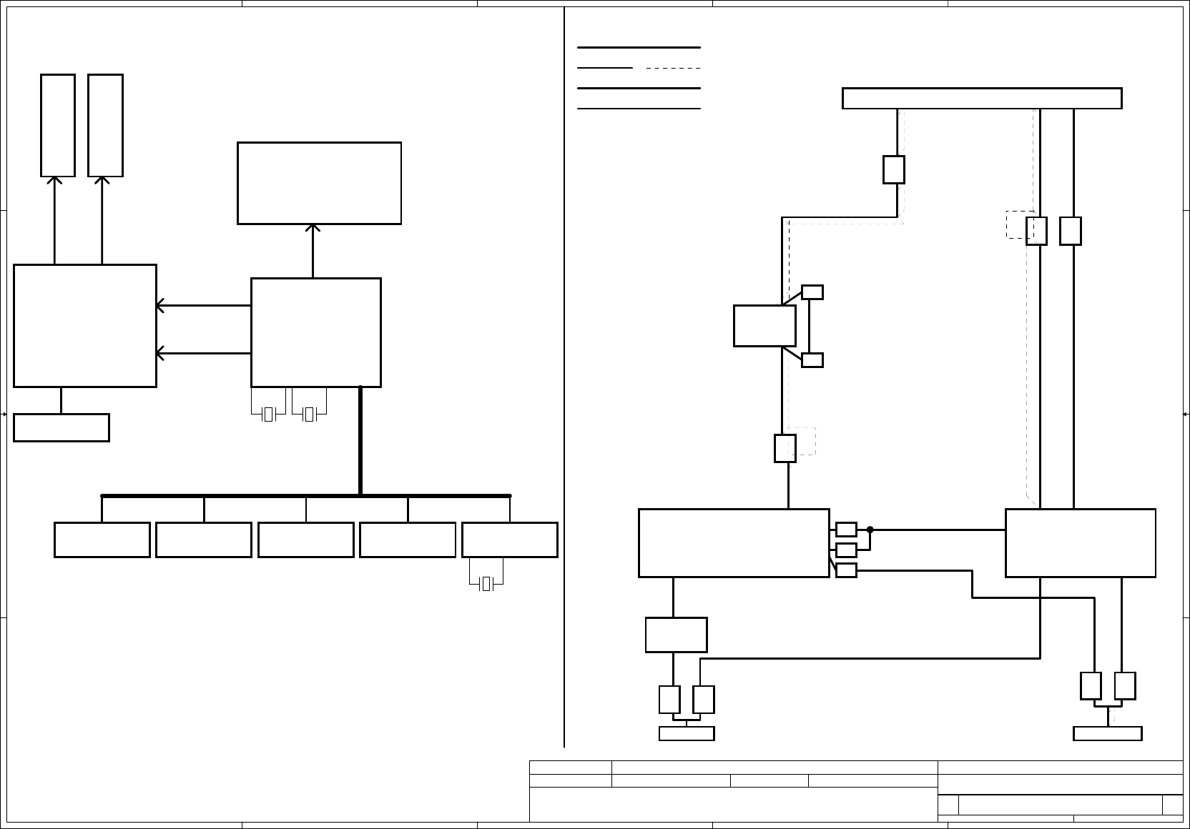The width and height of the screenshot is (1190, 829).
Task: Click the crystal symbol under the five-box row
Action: pyautogui.click(x=486, y=584)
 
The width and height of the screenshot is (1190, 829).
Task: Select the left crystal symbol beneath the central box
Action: pyautogui.click(x=268, y=414)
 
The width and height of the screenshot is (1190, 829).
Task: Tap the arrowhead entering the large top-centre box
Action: pyautogui.click(x=313, y=228)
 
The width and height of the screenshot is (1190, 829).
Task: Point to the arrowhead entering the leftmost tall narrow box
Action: pyautogui.click(x=54, y=180)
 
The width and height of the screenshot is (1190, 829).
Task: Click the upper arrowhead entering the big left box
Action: pyautogui.click(x=161, y=306)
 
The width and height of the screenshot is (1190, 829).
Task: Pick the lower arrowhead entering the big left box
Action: pyautogui.click(x=161, y=353)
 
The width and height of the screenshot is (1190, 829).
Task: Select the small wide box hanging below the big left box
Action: pyautogui.click(x=62, y=427)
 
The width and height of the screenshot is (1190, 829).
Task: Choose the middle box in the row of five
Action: pyautogui.click(x=305, y=540)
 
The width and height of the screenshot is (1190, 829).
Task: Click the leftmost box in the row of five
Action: pyautogui.click(x=102, y=540)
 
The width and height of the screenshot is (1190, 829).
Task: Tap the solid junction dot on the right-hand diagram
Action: pyautogui.click(x=870, y=530)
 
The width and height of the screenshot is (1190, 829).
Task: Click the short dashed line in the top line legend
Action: pyautogui.click(x=673, y=68)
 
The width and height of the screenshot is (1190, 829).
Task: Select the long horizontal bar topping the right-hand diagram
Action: pyautogui.click(x=981, y=99)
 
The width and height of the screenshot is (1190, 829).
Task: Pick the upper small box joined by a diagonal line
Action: pyautogui.click(x=812, y=292)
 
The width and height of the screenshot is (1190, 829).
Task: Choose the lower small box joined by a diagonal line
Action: pyautogui.click(x=812, y=360)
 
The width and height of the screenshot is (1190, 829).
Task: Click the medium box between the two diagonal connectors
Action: pyautogui.click(x=764, y=326)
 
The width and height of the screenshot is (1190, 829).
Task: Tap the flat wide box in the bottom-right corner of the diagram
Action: pyautogui.click(x=1107, y=734)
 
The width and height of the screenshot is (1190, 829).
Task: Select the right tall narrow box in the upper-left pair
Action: pyautogui.click(x=105, y=125)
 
